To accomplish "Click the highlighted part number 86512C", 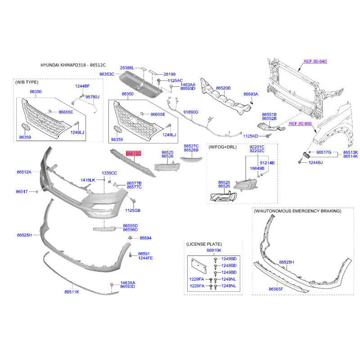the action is pos(133,153).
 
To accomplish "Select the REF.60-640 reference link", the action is pos(315,61).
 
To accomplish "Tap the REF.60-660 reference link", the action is pos(300,123).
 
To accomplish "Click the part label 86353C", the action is pos(107,74).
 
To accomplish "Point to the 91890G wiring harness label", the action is pos(191,112).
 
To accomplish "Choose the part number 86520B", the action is pos(223,88).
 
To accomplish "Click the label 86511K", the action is pos(72,292).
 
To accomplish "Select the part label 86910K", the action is pos(214,250).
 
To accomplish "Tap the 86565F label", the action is pos(276,289).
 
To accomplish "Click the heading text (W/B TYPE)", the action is pos(27,82).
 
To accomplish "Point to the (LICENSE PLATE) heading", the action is pos(204,244).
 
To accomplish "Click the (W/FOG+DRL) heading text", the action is pos(222,147).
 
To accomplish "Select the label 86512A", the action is pos(24,172).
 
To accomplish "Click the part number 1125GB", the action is pos(133,210).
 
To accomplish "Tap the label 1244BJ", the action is pos(315,162).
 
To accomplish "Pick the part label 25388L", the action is pos(127,68).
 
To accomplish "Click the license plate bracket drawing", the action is pos(199,266).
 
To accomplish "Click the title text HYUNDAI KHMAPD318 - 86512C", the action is pos(73,65).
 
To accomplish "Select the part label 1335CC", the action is pos(109,173).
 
